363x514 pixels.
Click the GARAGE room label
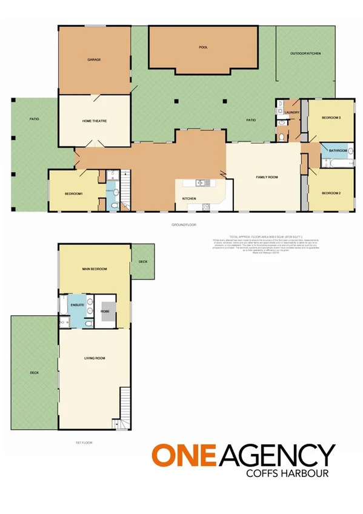click(x=94, y=59)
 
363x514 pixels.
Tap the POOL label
click(x=203, y=47)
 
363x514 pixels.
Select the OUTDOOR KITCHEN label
click(x=305, y=54)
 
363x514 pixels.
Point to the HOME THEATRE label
click(x=95, y=121)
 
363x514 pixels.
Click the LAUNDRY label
click(x=292, y=112)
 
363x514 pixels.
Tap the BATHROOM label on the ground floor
click(x=338, y=150)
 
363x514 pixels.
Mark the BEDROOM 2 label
click(x=330, y=193)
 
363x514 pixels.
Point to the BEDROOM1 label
click(x=73, y=193)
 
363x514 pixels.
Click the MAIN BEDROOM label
click(x=95, y=268)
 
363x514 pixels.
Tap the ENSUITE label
click(x=77, y=305)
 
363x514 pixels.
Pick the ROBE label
click(x=105, y=310)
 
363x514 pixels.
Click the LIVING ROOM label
click(x=95, y=358)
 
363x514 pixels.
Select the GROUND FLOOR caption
click(x=184, y=225)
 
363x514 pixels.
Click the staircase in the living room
click(x=125, y=405)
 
